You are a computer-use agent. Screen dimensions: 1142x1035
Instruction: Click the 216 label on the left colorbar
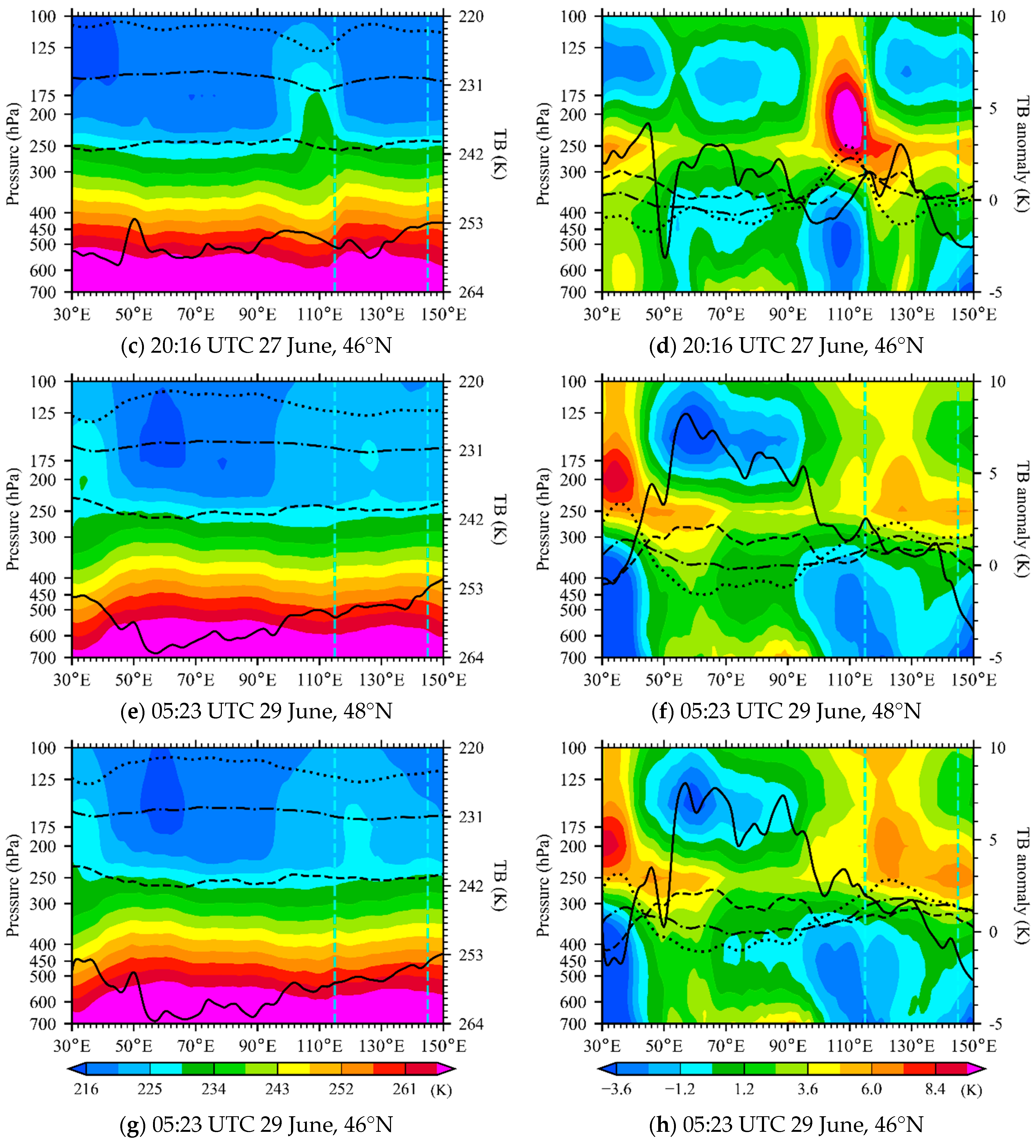(x=86, y=1089)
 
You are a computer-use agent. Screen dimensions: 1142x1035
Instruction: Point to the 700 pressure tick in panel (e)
(x=43, y=658)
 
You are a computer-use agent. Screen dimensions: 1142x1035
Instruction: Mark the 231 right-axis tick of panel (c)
(x=471, y=85)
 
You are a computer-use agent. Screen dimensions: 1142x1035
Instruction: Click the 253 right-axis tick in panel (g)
(x=471, y=955)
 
